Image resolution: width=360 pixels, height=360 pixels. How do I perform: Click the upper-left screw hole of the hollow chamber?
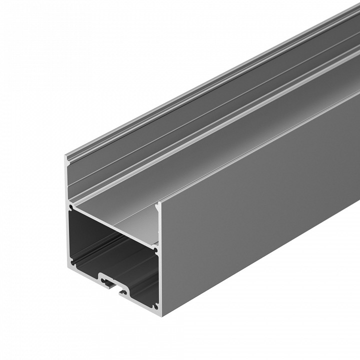click(x=72, y=206)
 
